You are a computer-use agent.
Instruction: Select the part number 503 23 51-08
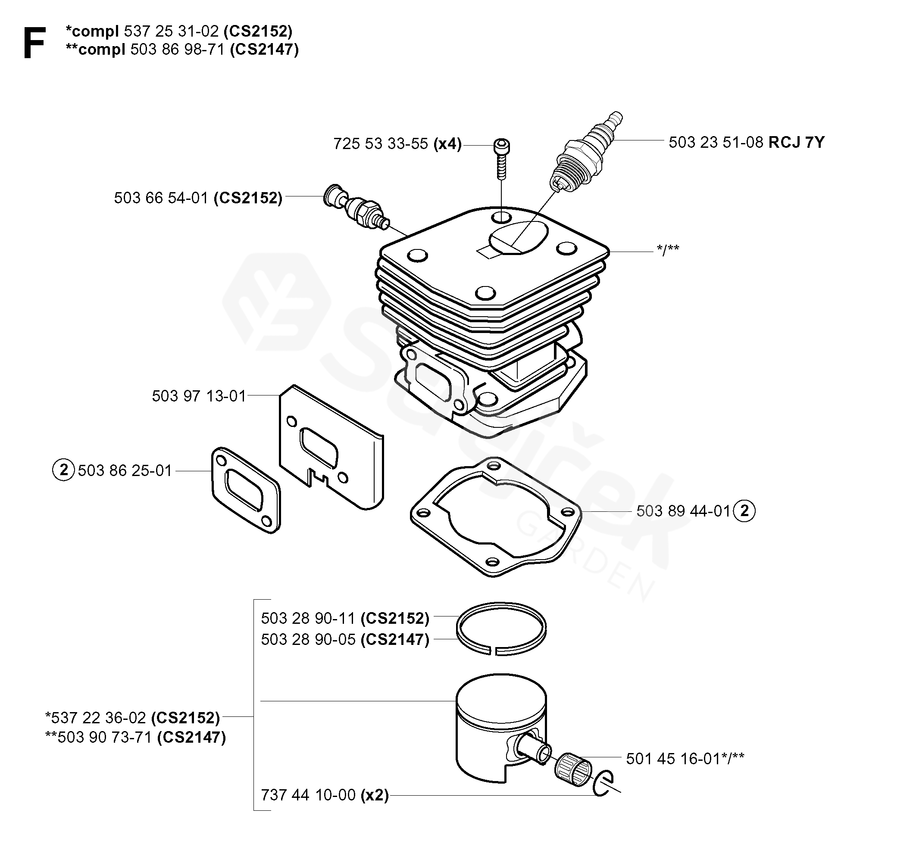tap(716, 142)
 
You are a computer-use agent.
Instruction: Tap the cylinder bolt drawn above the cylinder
tap(501, 159)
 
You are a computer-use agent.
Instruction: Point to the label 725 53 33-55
tap(380, 143)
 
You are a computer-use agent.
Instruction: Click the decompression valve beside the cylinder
tap(356, 209)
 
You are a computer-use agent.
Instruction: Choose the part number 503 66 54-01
tap(161, 198)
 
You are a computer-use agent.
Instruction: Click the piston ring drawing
tap(501, 629)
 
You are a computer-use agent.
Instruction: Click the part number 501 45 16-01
tap(672, 759)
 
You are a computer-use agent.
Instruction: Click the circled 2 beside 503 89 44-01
tap(744, 511)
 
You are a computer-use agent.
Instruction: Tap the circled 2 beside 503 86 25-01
tap(63, 470)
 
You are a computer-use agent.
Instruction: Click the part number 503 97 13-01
tap(199, 395)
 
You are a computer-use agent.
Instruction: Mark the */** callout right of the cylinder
tap(668, 250)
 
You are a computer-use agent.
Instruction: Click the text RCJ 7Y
tap(797, 142)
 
